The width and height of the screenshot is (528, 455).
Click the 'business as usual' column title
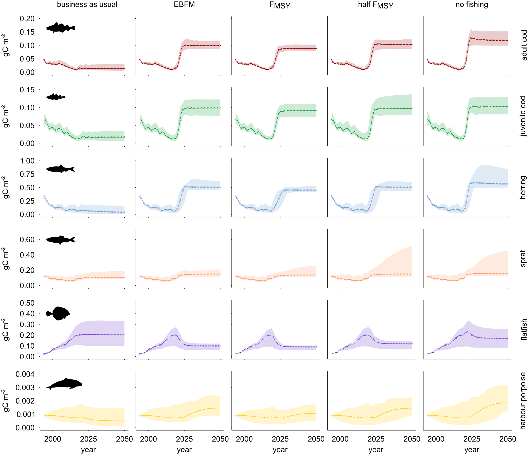(x=87, y=5)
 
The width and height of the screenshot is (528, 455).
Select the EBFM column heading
(x=184, y=5)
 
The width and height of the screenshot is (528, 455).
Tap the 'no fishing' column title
(x=472, y=5)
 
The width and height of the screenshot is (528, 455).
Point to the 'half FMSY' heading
(x=376, y=5)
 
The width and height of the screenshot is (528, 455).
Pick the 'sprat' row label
(x=523, y=258)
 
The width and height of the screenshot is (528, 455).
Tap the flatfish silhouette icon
(x=58, y=313)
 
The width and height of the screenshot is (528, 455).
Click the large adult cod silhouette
(x=60, y=27)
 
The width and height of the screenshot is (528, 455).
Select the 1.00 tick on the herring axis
(x=27, y=161)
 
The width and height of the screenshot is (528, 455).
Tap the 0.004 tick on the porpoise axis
(x=25, y=374)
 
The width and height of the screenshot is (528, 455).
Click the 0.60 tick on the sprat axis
(x=27, y=240)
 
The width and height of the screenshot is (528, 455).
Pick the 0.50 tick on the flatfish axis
(x=27, y=303)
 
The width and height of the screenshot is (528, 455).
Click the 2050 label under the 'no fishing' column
(x=507, y=439)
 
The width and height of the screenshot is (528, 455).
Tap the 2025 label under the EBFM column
(x=184, y=439)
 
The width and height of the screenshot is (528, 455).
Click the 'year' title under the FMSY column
(x=280, y=450)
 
